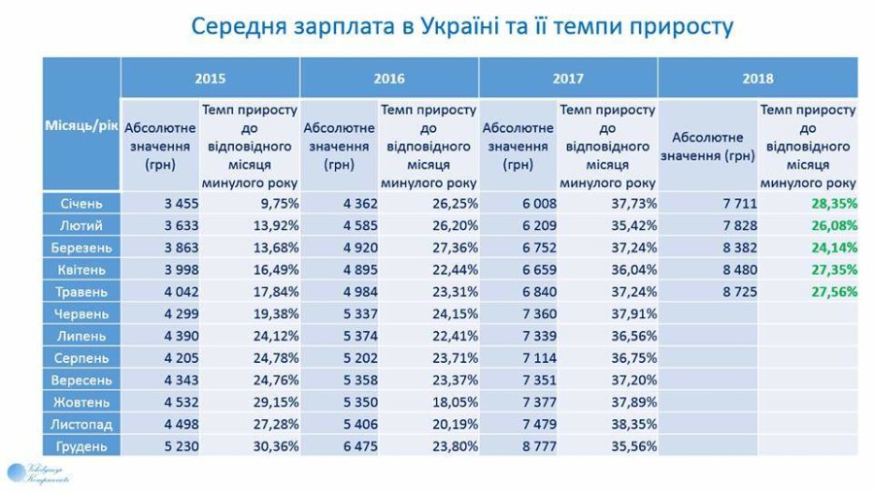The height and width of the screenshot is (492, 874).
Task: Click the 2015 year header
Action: coord(210,78)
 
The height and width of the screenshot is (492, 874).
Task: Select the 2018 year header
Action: coord(757,78)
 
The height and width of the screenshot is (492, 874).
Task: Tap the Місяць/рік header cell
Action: coord(82,127)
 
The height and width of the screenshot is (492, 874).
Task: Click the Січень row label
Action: coord(82,204)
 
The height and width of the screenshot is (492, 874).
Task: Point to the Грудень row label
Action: coord(82,446)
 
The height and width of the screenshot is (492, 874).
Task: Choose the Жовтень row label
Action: coord(82,402)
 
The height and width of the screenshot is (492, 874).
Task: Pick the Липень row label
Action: coord(82,336)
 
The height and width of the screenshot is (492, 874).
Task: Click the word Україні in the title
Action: coord(460,26)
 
